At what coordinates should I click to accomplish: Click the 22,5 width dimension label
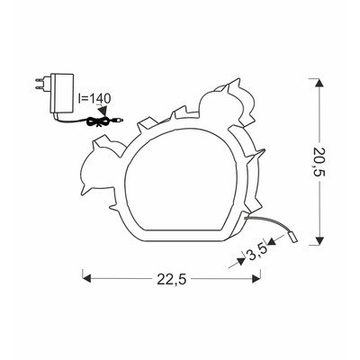172,280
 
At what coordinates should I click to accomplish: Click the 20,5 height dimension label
319,162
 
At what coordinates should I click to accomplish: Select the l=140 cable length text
94,98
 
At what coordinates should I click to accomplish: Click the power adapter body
62,94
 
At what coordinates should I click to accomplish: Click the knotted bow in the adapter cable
98,121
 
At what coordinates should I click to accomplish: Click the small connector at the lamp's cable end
293,238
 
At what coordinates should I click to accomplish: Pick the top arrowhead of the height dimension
319,83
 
